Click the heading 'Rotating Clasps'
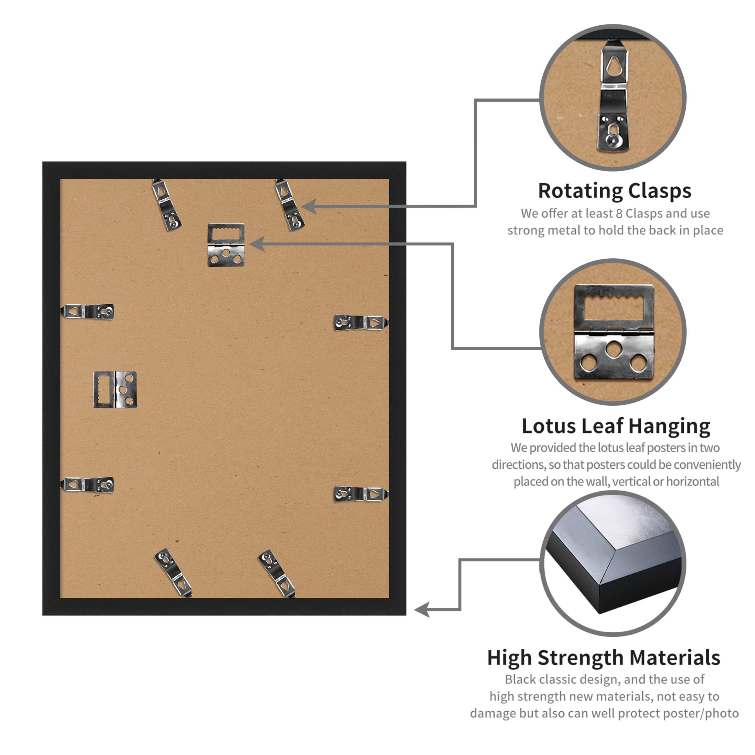pos(615,191)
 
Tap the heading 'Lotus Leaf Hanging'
pos(616,426)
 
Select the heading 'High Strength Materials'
pos(604,658)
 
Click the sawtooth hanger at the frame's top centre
pos(226,244)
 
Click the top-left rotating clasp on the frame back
pos(166,205)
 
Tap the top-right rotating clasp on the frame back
pos(290,205)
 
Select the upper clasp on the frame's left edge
pos(87,311)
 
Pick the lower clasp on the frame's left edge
pos(87,485)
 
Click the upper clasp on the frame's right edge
pos(361,322)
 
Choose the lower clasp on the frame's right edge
pos(361,494)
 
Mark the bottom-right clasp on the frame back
pos(277,573)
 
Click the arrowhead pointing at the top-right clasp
pos(309,206)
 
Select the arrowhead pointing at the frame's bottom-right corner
pos(422,609)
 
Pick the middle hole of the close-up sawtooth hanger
pos(614,349)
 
